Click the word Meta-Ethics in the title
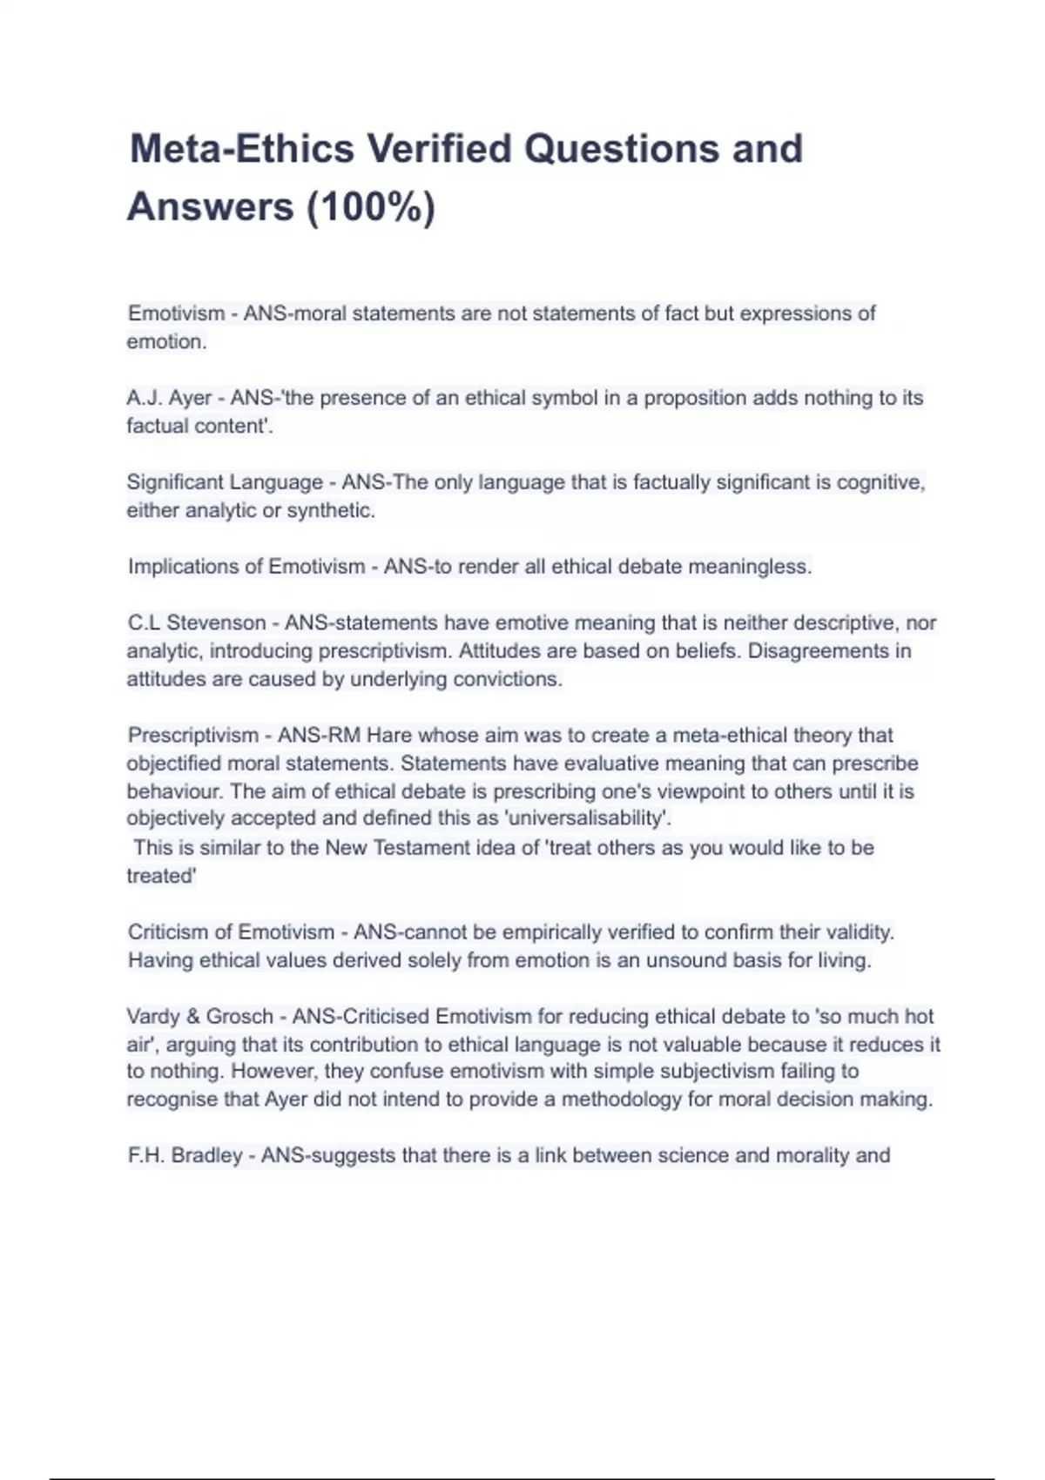241,149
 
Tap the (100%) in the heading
370,207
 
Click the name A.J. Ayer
169,398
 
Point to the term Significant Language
225,482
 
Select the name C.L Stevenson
197,623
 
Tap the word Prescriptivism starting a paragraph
193,736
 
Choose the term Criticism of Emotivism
231,932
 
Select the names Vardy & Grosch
199,1017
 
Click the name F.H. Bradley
185,1156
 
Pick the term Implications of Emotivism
246,567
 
